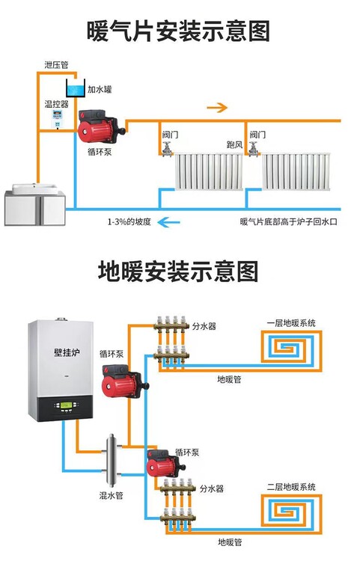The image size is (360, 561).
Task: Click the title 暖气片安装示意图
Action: tap(178, 31)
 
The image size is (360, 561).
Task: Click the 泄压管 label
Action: tap(56, 65)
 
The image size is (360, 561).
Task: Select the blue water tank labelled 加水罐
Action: tap(76, 88)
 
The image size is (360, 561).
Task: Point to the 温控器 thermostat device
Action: tap(57, 119)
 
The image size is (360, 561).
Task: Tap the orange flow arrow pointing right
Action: tap(217, 107)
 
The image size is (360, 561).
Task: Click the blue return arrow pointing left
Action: tap(169, 222)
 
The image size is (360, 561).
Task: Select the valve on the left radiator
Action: tap(166, 149)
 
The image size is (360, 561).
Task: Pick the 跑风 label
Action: tap(234, 145)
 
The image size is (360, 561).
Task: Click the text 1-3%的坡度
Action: tap(129, 222)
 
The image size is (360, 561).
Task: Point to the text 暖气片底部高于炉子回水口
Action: tap(288, 222)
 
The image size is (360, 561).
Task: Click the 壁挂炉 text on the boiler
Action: tap(67, 352)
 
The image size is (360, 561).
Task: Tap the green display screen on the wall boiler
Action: tap(66, 405)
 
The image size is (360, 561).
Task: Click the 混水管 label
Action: tap(111, 495)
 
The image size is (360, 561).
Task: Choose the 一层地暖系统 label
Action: tap(291, 323)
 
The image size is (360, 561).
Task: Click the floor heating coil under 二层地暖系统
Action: tap(292, 511)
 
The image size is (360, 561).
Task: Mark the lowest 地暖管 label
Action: tap(230, 542)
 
